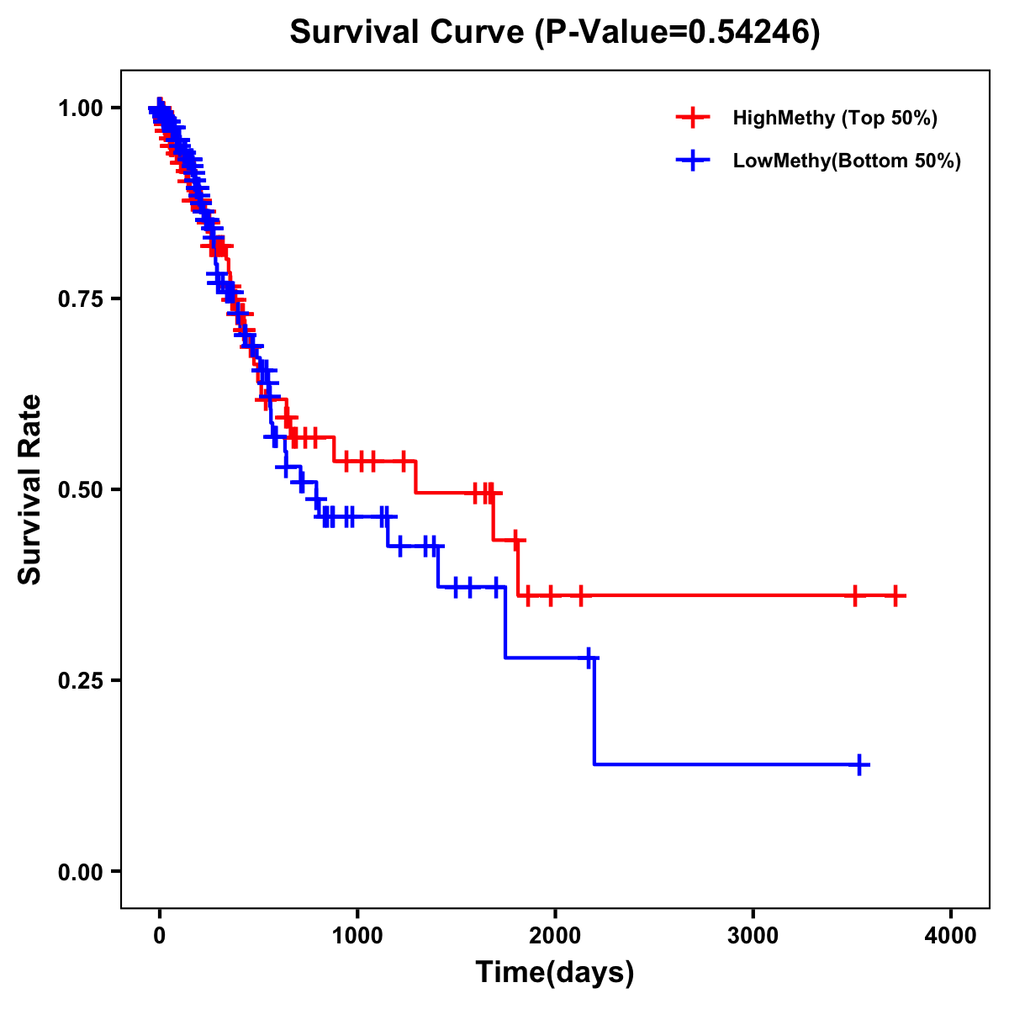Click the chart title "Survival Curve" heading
(408, 32)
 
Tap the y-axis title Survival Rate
(30, 489)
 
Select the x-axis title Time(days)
(555, 972)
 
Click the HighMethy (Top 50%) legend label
(835, 118)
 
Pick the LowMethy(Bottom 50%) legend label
(847, 161)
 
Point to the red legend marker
(693, 118)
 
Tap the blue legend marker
(693, 161)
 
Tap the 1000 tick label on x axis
(357, 936)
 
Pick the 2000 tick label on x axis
(555, 936)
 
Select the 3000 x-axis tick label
(753, 936)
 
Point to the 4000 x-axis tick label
(951, 936)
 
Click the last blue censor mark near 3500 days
(859, 764)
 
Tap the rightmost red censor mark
(896, 595)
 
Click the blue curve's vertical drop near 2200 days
(594, 711)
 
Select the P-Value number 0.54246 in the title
(751, 32)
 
